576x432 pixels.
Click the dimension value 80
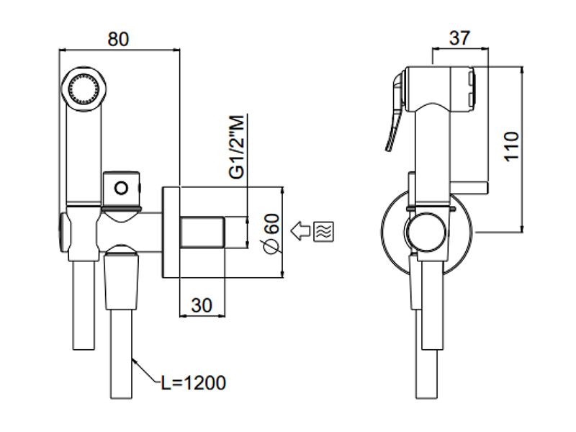119,39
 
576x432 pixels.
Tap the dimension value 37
459,39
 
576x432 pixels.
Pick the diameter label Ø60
271,234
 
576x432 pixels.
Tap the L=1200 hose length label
193,382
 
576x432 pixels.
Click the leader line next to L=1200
148,371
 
